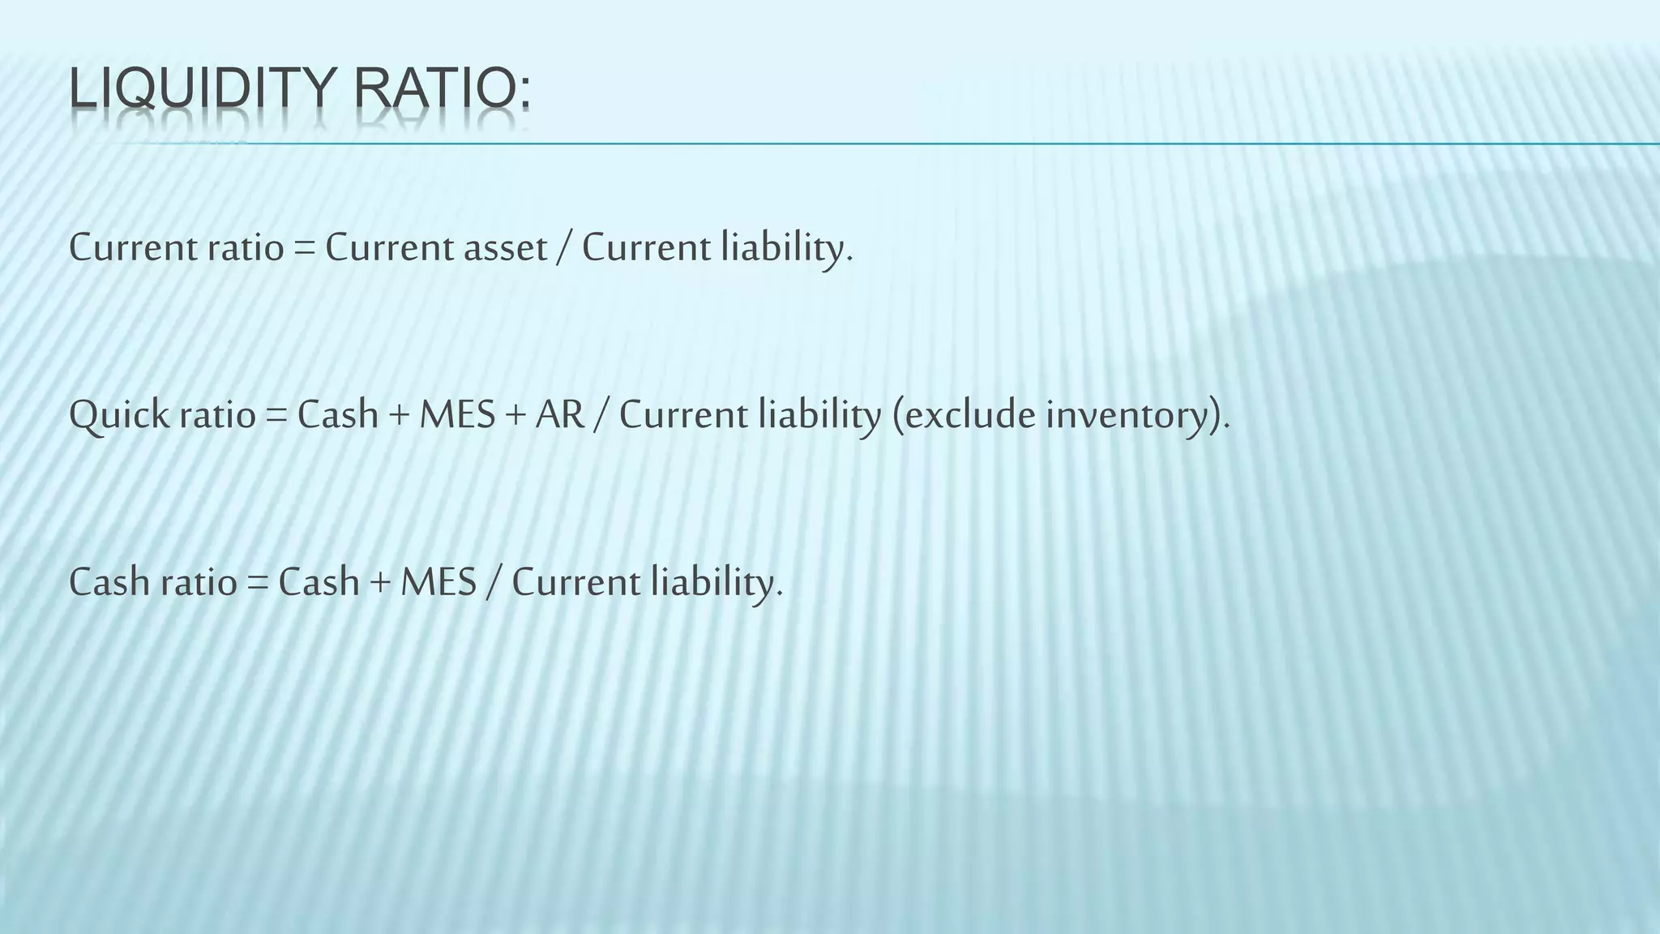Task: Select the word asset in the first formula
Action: click(x=505, y=247)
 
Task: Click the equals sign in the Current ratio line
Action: click(x=304, y=247)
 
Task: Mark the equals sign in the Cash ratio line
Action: click(x=258, y=582)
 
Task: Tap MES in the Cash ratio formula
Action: click(x=438, y=582)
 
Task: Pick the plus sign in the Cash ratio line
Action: click(x=379, y=582)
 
